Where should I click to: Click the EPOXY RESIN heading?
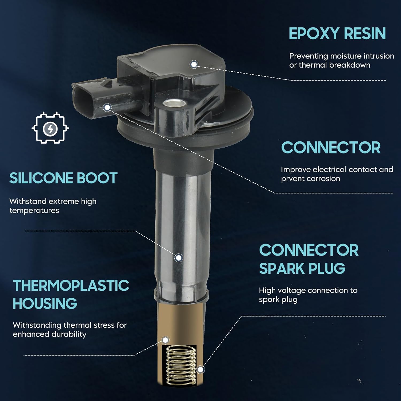(337, 34)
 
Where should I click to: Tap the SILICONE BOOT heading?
(63, 178)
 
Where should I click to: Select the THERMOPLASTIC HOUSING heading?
(71, 294)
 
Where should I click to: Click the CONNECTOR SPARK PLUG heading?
(309, 259)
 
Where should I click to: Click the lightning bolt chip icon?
(50, 128)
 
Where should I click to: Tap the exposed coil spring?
(181, 365)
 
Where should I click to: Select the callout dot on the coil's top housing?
(194, 64)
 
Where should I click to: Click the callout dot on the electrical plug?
(107, 107)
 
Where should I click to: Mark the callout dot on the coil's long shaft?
(179, 258)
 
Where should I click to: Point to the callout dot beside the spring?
(200, 370)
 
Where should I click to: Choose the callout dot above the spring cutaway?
(165, 340)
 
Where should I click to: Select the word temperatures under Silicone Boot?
(34, 211)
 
